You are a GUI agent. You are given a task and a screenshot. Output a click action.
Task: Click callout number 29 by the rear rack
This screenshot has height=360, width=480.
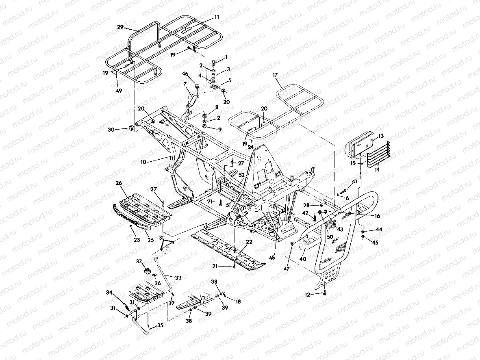(120, 27)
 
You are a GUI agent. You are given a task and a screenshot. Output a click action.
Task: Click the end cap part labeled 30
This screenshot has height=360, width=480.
(132, 128)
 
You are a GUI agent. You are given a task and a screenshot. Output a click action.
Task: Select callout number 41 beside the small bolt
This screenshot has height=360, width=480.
(355, 182)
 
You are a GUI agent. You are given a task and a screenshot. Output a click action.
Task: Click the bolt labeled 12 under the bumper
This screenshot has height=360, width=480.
(324, 293)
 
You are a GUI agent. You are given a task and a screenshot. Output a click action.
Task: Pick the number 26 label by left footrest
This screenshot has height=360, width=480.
(119, 183)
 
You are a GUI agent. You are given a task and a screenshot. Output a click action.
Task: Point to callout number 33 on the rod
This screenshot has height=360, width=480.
(178, 278)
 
